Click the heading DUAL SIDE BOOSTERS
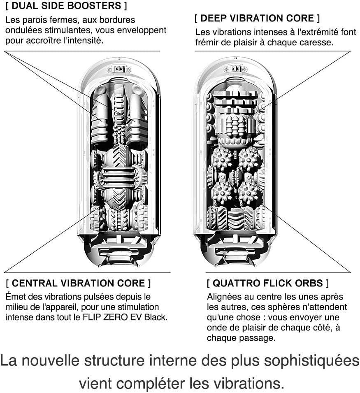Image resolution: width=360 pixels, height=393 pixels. pyautogui.click(x=66, y=6)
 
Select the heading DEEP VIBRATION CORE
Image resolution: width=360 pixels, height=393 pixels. pyautogui.click(x=257, y=18)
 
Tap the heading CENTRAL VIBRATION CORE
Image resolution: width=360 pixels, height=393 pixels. pyautogui.click(x=78, y=283)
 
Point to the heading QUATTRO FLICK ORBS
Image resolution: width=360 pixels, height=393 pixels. pyautogui.click(x=268, y=284)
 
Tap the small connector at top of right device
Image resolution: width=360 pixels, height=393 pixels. pyautogui.click(x=235, y=69)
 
